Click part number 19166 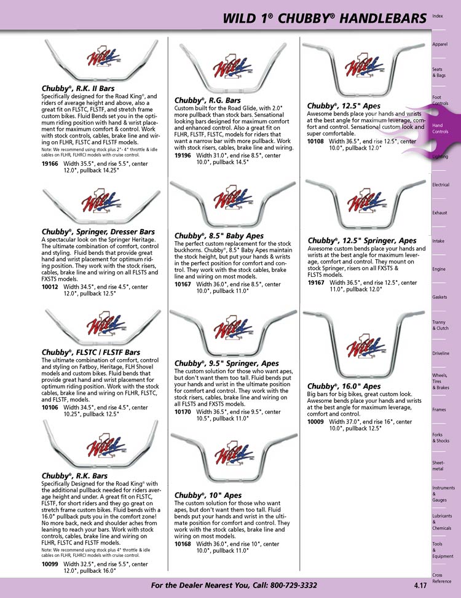[x=50, y=163]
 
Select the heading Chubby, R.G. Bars [x=207, y=100]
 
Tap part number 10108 [x=315, y=141]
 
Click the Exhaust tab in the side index [x=439, y=213]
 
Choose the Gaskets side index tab [x=439, y=297]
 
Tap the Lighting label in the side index [x=439, y=157]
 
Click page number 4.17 [x=420, y=586]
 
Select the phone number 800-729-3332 [x=293, y=585]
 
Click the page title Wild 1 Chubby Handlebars [x=325, y=18]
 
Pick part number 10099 [x=50, y=564]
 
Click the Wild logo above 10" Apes [x=234, y=453]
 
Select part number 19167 [x=316, y=282]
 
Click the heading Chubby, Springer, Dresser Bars [x=98, y=231]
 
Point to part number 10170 [x=183, y=412]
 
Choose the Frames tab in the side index [x=439, y=410]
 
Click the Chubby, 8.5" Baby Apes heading [x=219, y=236]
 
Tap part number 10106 [x=50, y=407]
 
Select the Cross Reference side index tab [x=441, y=578]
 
